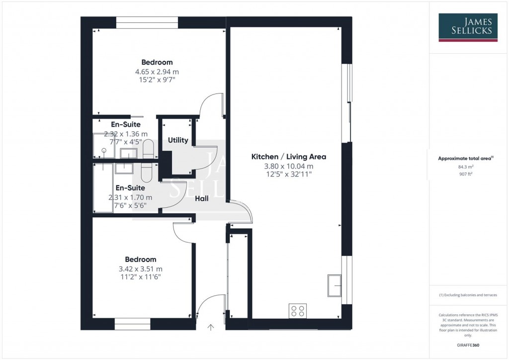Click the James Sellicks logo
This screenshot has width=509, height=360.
(467, 27)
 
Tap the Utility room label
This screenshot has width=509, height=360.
(178, 140)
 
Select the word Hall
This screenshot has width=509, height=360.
(201, 198)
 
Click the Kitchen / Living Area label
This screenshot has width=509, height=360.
(289, 157)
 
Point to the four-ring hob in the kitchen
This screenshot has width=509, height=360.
(298, 311)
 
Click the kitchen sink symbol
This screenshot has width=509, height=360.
(334, 285)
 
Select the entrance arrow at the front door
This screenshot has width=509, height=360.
(210, 327)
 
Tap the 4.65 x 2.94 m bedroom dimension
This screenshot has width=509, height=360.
(157, 72)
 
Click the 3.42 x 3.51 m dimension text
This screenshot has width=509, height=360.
(140, 269)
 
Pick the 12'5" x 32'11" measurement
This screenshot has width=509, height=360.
(289, 175)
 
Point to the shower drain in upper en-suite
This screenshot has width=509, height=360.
(104, 150)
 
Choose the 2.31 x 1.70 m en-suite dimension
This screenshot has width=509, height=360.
(130, 197)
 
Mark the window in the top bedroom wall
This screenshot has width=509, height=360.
(147, 23)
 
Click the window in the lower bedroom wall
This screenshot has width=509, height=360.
(132, 324)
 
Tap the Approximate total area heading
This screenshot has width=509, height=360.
(465, 159)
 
